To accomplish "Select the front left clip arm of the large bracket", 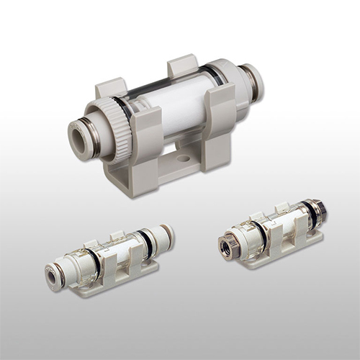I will [143, 140].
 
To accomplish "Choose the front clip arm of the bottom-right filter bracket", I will [278, 241].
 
